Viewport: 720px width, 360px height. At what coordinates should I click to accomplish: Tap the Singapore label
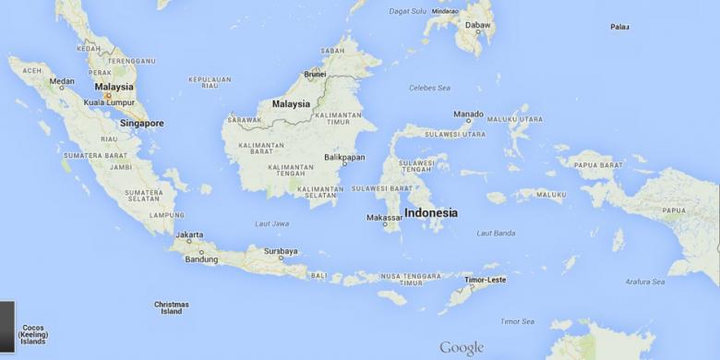click(x=141, y=123)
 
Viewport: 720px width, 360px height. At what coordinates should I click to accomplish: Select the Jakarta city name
click(x=189, y=235)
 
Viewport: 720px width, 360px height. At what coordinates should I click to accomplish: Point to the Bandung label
click(x=201, y=259)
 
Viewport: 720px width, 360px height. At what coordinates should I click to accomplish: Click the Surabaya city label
click(x=281, y=251)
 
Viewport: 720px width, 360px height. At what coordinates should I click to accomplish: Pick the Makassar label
click(x=384, y=218)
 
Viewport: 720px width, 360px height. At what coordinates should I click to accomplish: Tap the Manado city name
click(x=468, y=114)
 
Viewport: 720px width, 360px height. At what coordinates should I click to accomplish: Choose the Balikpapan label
click(x=344, y=156)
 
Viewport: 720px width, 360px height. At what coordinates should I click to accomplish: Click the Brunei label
click(x=316, y=74)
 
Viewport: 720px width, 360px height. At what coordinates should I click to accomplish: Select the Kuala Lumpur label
click(x=110, y=102)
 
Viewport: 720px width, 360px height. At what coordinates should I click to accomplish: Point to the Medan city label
click(x=62, y=81)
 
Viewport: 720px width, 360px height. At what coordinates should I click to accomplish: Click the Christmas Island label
click(x=172, y=307)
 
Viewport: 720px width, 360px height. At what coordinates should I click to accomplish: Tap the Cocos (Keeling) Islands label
click(x=32, y=334)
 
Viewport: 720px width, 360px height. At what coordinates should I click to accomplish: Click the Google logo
click(x=462, y=348)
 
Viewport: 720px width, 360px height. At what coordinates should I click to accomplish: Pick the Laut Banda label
click(x=496, y=233)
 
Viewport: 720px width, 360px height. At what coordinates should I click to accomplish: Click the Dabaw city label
click(x=478, y=26)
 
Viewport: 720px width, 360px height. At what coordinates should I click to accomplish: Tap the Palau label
click(x=619, y=27)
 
